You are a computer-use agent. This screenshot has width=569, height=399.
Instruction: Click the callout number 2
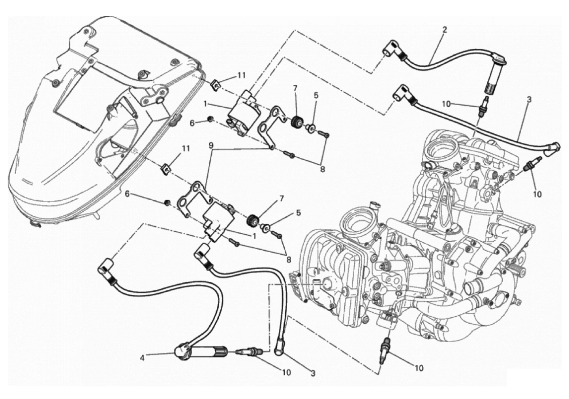445,30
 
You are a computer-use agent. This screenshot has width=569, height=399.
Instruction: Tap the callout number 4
142,358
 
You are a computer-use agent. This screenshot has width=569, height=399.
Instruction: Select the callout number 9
212,145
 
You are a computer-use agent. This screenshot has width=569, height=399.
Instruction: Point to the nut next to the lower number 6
167,202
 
